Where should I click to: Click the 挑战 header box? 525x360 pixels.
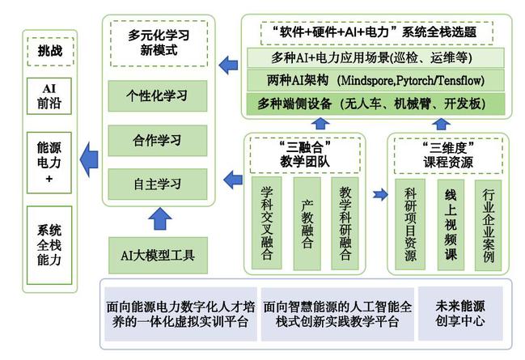[x=49, y=50]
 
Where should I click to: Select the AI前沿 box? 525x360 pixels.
[x=49, y=95]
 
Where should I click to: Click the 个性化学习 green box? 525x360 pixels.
[x=156, y=95]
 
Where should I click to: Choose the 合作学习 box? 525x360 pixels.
[x=156, y=138]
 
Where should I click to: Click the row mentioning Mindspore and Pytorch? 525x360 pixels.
[x=376, y=81]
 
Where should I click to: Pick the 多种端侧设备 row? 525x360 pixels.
[x=376, y=104]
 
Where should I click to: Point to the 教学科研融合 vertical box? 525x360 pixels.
[x=345, y=222]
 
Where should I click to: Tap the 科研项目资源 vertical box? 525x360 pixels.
[x=410, y=224]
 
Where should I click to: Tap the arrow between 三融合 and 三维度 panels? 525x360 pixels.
[x=380, y=194]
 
